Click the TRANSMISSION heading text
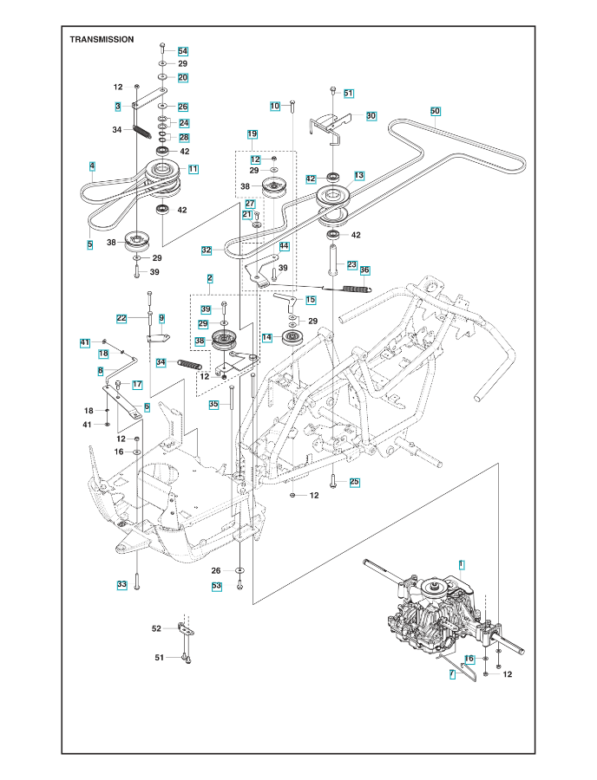pos(102,39)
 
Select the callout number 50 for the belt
pos(436,111)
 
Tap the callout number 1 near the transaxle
pos(461,564)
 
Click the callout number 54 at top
pos(182,52)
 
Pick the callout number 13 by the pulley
pos(358,176)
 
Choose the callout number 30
pos(371,115)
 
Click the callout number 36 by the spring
pos(364,270)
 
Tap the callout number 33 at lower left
pos(121,585)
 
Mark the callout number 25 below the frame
pos(354,482)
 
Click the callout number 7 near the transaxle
pos(451,673)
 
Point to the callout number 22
pos(122,318)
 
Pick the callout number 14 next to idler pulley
pos(266,337)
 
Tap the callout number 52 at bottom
pos(156,628)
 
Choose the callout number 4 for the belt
pos(91,166)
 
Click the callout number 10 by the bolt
pos(275,106)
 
